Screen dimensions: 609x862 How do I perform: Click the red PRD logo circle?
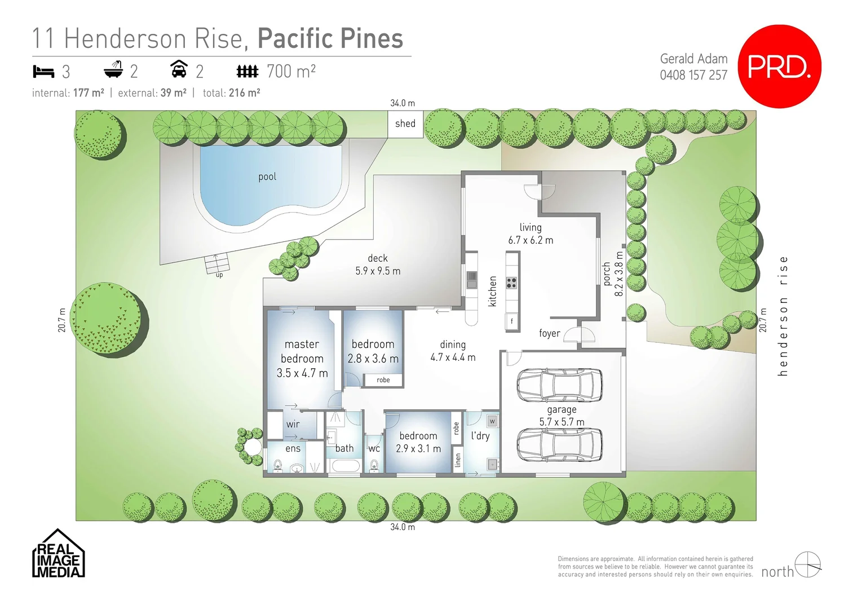(779, 67)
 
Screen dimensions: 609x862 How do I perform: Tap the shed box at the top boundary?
(405, 124)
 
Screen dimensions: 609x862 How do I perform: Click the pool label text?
(267, 176)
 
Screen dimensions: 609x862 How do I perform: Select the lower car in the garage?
(559, 444)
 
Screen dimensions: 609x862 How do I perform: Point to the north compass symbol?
(807, 564)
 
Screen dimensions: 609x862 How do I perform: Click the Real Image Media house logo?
(58, 554)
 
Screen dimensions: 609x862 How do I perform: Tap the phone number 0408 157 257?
(693, 75)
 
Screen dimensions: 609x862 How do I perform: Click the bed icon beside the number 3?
(43, 72)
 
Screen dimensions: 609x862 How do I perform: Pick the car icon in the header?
(179, 69)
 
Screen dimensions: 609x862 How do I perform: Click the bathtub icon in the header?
(113, 70)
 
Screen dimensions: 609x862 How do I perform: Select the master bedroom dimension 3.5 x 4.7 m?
(302, 373)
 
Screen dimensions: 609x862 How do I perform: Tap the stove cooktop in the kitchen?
(511, 283)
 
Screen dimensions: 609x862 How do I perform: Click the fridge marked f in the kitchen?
(512, 321)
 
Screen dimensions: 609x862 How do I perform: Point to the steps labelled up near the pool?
(217, 263)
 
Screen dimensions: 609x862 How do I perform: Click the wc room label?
(374, 449)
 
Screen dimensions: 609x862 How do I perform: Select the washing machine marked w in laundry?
(492, 421)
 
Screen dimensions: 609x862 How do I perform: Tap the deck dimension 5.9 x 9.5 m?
(378, 271)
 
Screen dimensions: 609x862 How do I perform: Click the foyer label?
(549, 333)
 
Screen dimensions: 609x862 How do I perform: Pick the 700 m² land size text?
(291, 72)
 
